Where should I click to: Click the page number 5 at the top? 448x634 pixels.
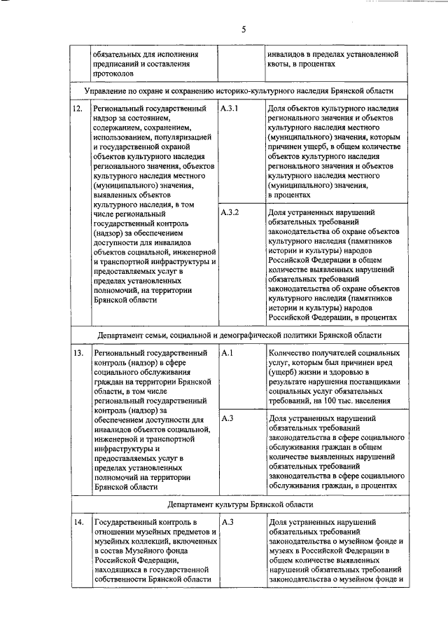(244, 29)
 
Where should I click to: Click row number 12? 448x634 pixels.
(78, 109)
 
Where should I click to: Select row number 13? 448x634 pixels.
(78, 354)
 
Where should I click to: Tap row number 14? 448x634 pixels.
(78, 523)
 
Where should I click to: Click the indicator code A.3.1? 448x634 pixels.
(230, 109)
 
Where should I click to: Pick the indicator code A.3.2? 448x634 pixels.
(230, 212)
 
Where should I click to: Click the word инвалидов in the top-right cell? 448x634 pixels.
(288, 53)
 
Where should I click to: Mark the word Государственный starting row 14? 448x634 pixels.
(127, 523)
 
